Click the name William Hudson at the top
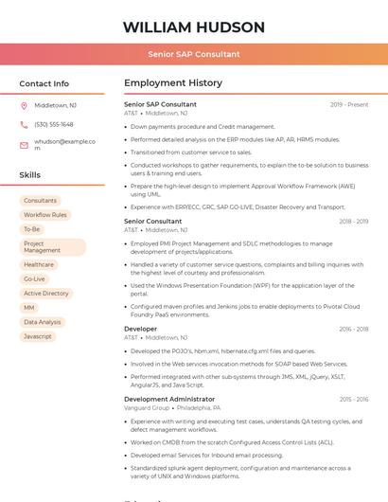(x=193, y=27)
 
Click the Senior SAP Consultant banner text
(x=193, y=54)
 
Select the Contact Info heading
(x=44, y=83)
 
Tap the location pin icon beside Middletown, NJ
(x=24, y=105)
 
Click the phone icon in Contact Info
(x=24, y=124)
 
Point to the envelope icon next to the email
(x=24, y=145)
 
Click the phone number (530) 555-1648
(x=54, y=124)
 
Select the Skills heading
(x=29, y=175)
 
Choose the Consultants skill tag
(x=41, y=201)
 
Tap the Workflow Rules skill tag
(x=45, y=215)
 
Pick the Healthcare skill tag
(x=39, y=265)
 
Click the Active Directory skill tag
(x=46, y=294)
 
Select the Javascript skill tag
(x=38, y=336)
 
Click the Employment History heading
(x=173, y=83)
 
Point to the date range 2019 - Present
(x=349, y=104)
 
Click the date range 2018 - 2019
(x=353, y=222)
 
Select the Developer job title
(x=140, y=329)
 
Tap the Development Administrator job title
(x=169, y=400)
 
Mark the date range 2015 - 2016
(x=353, y=400)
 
